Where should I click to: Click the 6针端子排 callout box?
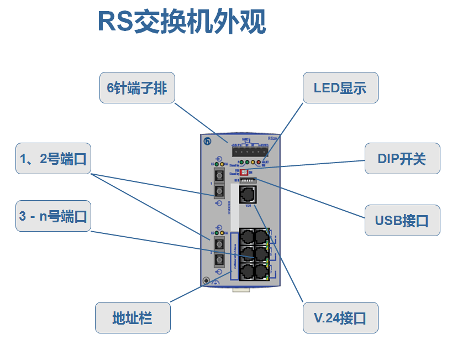(137, 87)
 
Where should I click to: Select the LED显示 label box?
(340, 87)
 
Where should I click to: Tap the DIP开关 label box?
(402, 159)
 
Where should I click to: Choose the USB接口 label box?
(402, 221)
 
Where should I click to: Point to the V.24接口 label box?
(340, 317)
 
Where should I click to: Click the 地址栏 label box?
(133, 317)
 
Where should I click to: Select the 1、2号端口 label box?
(53, 159)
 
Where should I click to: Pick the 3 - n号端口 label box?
(53, 216)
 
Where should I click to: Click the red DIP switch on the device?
(245, 172)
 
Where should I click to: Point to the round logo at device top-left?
(207, 142)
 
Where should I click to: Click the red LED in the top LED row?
(259, 163)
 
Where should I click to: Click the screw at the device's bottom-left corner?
(207, 281)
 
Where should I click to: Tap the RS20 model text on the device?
(272, 138)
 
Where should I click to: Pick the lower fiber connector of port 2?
(219, 260)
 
